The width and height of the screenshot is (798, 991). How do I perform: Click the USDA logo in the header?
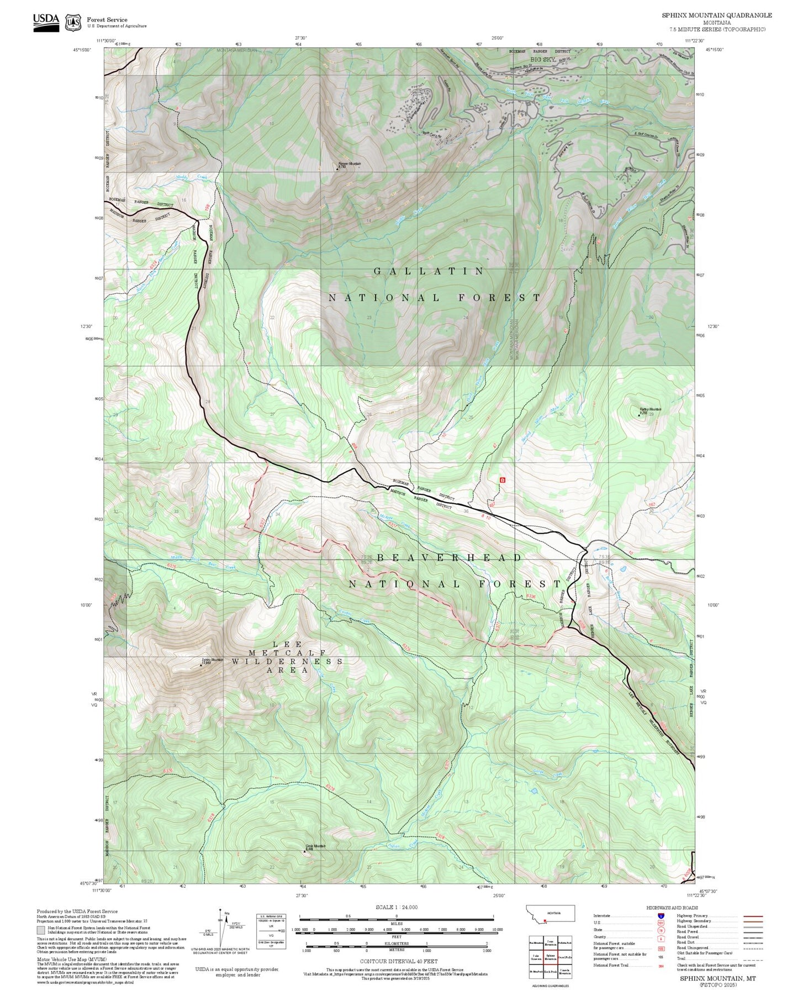point(46,22)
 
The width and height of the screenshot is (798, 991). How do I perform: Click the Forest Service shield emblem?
point(73,22)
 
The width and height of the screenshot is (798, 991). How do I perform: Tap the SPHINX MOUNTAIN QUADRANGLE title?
point(717,15)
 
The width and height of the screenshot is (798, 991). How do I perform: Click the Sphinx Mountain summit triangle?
point(200,666)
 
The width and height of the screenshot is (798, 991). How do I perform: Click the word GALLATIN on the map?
point(429,271)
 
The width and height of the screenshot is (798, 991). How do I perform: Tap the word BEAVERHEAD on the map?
point(449,558)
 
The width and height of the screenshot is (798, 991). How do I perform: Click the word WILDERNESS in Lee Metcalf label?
point(287,661)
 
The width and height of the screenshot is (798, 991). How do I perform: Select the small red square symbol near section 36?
point(502,480)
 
